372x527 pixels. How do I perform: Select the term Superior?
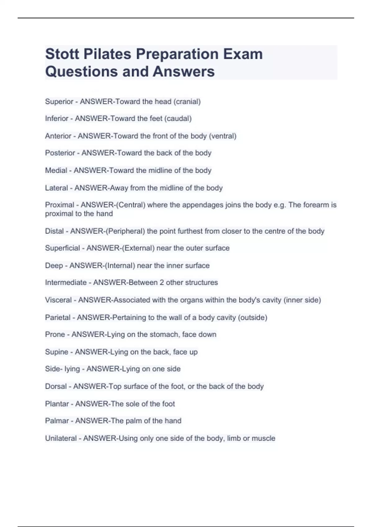click(59, 102)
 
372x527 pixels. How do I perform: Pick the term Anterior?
click(58, 136)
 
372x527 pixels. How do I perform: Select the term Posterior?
click(60, 153)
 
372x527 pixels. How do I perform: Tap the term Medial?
click(56, 170)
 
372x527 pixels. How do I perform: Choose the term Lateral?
click(56, 188)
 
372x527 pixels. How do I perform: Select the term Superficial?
click(62, 248)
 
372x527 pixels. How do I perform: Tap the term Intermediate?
click(66, 283)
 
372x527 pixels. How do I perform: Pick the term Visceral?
click(58, 300)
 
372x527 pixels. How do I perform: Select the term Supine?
click(56, 352)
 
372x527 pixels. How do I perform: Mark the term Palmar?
click(57, 421)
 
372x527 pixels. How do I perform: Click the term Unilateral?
click(61, 438)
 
